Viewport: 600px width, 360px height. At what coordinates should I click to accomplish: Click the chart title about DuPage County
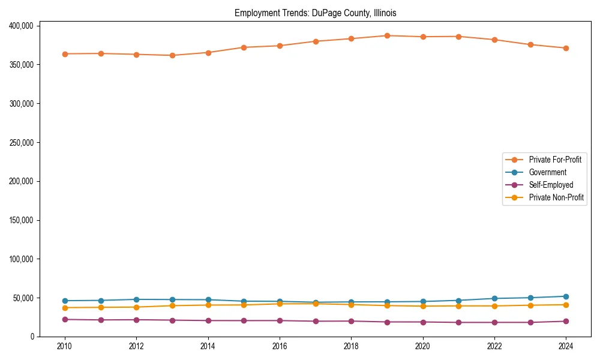pos(315,13)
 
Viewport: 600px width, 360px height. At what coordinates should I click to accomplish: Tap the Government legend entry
pos(547,172)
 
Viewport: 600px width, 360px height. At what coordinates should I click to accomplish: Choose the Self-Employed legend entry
pos(551,185)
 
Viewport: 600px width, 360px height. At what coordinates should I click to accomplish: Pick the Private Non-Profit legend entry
pos(556,197)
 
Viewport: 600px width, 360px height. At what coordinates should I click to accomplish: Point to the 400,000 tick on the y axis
pos(22,26)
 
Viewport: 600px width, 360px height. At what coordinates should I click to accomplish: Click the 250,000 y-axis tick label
pos(22,143)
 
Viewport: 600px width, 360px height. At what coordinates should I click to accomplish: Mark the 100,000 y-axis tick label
pos(22,259)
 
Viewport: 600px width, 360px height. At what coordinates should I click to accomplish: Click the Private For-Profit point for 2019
pos(387,35)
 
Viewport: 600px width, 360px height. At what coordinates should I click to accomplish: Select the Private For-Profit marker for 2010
pos(65,54)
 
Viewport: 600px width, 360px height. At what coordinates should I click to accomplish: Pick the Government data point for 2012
pos(136,299)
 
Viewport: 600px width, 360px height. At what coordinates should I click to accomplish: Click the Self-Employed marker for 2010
pos(65,319)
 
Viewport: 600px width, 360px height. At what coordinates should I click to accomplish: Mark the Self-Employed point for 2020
pos(423,322)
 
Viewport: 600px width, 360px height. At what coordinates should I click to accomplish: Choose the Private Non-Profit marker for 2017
pos(316,304)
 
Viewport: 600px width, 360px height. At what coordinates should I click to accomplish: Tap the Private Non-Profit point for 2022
pos(494,306)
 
